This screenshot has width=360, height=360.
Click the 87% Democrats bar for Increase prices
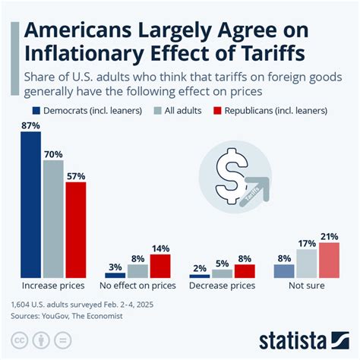coord(30,206)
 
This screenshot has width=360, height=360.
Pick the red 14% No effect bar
coord(159,266)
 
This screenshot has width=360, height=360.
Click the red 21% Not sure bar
coord(329,260)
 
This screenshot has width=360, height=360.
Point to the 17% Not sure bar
coord(307,264)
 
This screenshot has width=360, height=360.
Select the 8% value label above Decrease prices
coord(245,257)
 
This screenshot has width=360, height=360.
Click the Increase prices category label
coord(53,287)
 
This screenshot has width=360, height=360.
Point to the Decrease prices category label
coord(222,287)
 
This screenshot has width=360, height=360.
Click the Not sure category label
coord(306,287)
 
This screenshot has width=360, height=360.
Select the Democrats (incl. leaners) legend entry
coord(65,111)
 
